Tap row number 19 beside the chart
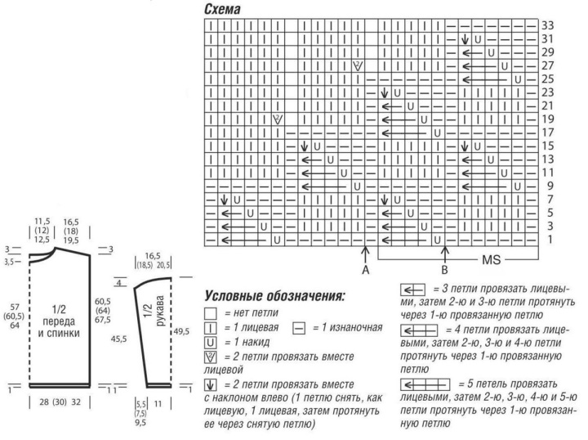pos(548,119)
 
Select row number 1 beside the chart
pos(548,239)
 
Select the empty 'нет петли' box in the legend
pos(210,312)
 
